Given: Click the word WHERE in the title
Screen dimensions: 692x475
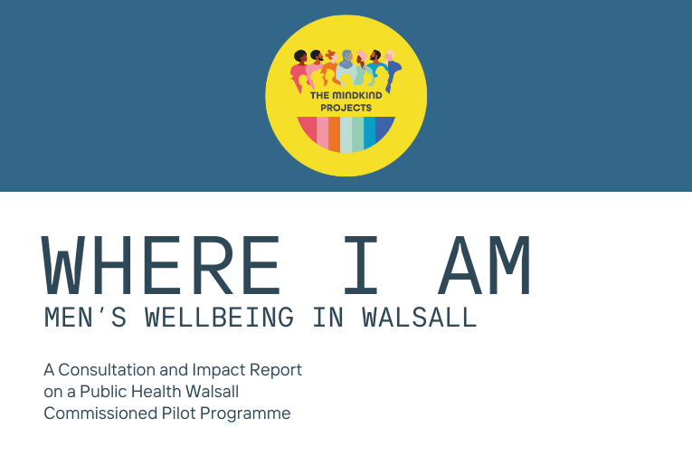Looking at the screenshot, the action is coord(161,265).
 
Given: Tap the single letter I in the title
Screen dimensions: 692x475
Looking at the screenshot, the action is coord(361,265).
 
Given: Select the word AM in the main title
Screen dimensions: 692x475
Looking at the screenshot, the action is coord(484,265).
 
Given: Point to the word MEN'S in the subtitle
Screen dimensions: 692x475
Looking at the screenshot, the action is coord(85,317).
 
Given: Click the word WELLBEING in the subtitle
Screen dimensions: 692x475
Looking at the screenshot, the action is coord(219,317).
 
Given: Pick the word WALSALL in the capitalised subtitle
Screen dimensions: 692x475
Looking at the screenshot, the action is coord(419,317).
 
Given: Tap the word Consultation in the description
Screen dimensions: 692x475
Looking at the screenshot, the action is coord(107,369).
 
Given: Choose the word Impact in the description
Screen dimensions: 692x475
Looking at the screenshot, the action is coord(219,370).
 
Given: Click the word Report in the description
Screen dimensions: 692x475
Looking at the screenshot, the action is coord(276,370).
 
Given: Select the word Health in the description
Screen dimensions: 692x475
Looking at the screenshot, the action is coord(156,391).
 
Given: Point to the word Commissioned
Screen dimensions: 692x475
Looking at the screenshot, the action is coord(100,413).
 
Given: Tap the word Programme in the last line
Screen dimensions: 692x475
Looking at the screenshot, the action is coord(245,414).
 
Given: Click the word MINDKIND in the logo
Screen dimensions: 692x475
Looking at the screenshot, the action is coord(357,95).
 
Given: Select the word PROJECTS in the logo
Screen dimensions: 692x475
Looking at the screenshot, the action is coord(346,108).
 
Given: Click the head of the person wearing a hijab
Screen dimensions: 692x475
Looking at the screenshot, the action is coord(346,58).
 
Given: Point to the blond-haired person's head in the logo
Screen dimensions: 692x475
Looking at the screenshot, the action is coord(390,55).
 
